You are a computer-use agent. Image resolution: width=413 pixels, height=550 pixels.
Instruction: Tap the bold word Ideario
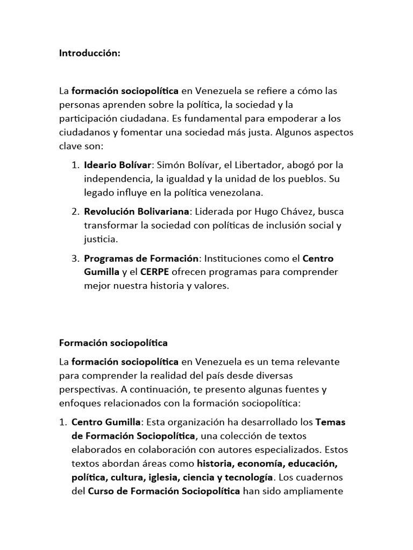[101, 164]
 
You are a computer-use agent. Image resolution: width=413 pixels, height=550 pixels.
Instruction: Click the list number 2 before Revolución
[75, 210]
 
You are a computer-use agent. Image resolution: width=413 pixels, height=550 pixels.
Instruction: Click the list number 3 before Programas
[75, 258]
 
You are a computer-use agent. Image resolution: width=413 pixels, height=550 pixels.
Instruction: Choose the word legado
[98, 192]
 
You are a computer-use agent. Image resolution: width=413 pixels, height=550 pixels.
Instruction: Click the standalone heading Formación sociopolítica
[113, 343]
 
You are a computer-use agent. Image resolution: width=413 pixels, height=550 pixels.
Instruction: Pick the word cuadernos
[322, 477]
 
